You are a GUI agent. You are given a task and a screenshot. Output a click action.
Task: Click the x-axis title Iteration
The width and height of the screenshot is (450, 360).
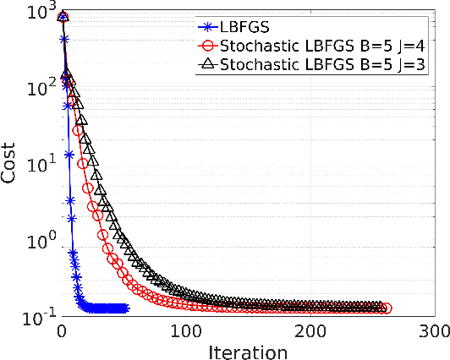(x=249, y=350)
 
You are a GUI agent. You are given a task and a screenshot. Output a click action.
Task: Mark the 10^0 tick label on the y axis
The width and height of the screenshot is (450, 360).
(x=37, y=241)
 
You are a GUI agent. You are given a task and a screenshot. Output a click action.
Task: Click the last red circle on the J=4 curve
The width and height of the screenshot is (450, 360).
(x=387, y=308)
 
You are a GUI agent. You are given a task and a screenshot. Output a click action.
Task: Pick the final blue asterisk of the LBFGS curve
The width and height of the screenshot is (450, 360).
(x=125, y=308)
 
